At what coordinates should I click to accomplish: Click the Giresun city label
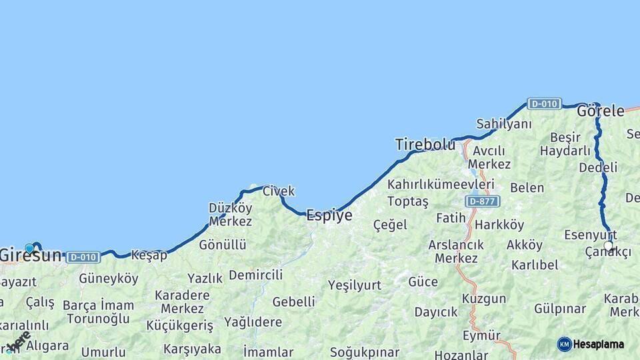31,255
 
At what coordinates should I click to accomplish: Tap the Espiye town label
329,215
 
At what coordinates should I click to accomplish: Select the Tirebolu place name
425,144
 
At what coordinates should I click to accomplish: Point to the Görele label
600,111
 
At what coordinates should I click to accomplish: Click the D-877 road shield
483,201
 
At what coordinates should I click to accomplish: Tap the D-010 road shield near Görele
544,103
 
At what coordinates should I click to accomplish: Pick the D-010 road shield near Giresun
83,257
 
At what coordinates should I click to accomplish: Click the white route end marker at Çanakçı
608,246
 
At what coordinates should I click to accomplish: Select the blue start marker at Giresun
29,248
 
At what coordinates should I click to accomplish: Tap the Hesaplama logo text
599,345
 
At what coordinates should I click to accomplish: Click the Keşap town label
149,255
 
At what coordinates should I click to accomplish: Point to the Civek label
279,191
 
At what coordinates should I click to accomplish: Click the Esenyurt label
590,235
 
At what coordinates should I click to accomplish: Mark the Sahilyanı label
504,124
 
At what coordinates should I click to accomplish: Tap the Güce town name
423,282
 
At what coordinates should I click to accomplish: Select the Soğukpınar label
364,352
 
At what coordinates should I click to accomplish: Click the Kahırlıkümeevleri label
441,184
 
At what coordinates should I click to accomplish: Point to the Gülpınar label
559,309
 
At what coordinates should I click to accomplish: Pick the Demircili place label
255,275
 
